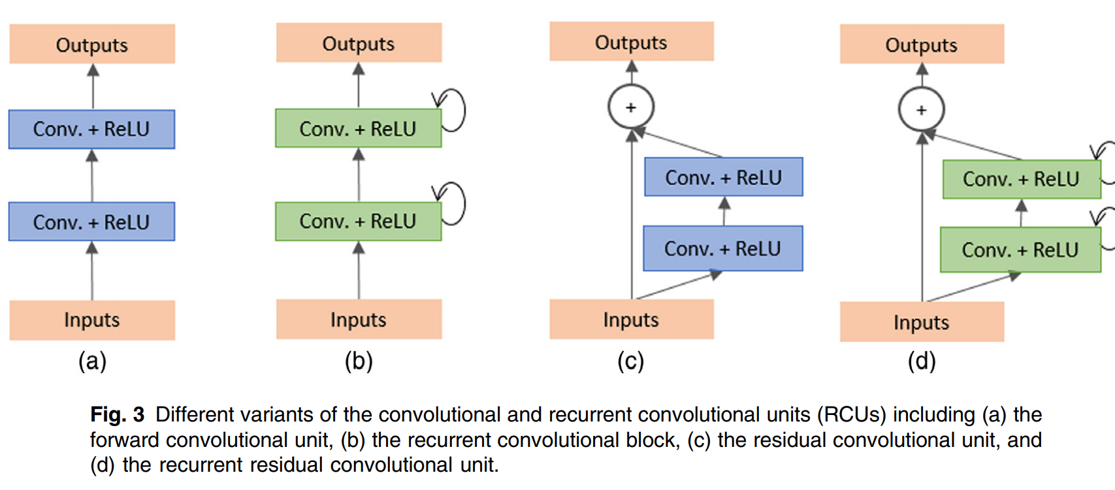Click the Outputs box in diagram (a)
tap(92, 44)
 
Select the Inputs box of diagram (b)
tap(359, 319)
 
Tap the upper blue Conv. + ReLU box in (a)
tap(91, 129)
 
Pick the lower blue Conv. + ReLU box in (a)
tap(91, 222)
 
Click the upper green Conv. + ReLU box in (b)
tap(358, 129)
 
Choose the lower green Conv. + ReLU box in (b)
tap(358, 222)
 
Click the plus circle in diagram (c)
tap(631, 107)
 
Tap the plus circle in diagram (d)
tap(921, 110)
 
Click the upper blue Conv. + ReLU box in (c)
tap(724, 177)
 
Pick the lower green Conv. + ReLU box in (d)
tap(1020, 250)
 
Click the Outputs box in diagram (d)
tap(922, 44)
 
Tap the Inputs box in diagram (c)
tap(631, 319)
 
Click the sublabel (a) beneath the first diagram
tap(92, 361)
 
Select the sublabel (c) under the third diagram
tap(631, 361)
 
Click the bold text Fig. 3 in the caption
tap(118, 414)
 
